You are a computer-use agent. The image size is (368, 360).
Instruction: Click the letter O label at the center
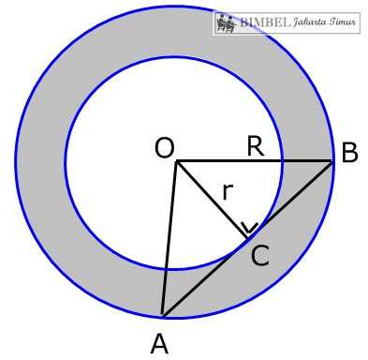click(x=164, y=148)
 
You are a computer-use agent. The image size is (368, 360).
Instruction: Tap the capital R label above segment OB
click(x=255, y=145)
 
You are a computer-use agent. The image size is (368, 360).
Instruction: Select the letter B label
click(x=349, y=153)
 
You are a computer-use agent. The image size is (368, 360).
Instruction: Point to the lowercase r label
click(x=227, y=192)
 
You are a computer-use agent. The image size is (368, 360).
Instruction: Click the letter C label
click(x=259, y=255)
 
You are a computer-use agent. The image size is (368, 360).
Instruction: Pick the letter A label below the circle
click(x=159, y=344)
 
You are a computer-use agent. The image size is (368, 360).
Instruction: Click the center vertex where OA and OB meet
click(x=176, y=161)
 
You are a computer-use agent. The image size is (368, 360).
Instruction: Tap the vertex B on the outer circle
click(x=333, y=161)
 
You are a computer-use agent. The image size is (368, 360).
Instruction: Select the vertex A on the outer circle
click(x=162, y=315)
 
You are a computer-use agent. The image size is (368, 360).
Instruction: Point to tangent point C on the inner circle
click(x=247, y=239)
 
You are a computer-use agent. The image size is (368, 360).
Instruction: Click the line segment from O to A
click(x=169, y=239)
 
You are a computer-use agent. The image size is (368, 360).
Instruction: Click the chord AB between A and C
click(x=204, y=277)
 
